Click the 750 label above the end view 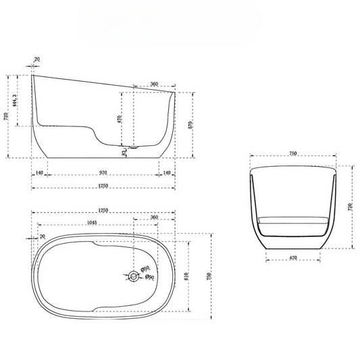tap(292, 153)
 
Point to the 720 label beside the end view tap(350, 207)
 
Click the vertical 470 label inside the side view tap(120, 119)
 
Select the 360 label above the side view tap(154, 84)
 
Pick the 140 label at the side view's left tap(40, 173)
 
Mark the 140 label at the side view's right tap(166, 173)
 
